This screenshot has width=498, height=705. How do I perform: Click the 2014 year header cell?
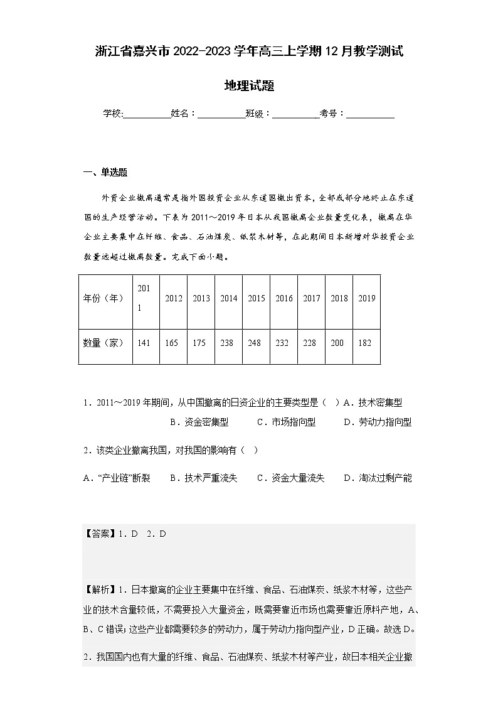(228, 298)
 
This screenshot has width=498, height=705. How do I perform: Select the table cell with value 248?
(256, 343)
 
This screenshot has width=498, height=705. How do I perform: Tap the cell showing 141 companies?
(144, 343)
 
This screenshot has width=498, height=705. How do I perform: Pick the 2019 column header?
(366, 298)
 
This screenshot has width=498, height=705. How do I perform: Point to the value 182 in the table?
(366, 343)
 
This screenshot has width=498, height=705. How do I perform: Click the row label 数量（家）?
(103, 343)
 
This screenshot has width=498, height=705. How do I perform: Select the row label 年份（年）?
(103, 298)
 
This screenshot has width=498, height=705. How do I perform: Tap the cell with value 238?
(228, 343)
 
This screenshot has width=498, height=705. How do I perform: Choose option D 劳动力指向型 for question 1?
(378, 422)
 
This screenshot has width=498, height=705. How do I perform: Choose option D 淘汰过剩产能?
(378, 478)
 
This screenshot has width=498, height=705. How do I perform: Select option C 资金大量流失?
(291, 478)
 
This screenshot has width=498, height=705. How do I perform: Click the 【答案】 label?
(97, 534)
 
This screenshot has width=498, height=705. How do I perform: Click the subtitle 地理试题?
(249, 86)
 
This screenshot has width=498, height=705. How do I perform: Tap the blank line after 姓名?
(221, 114)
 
